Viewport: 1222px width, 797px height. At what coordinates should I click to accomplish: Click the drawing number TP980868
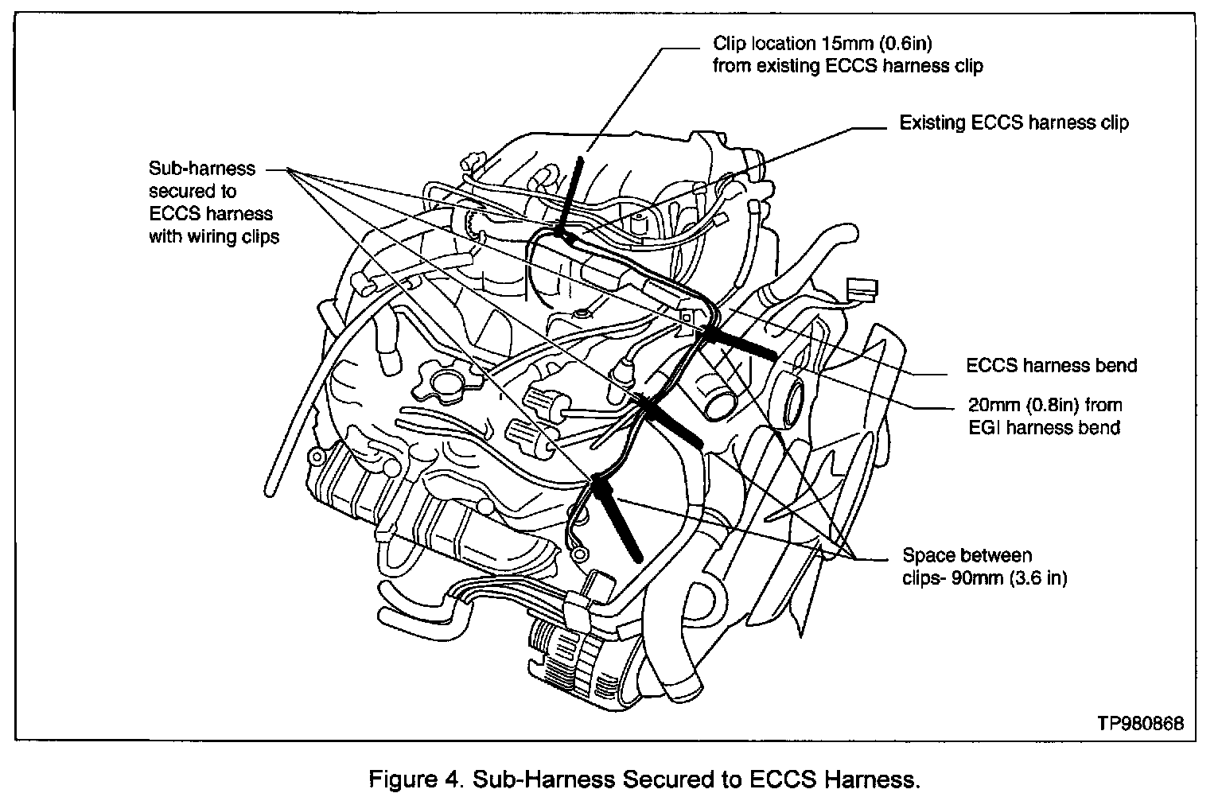(1140, 723)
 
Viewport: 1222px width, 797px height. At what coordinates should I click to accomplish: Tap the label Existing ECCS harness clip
(1014, 122)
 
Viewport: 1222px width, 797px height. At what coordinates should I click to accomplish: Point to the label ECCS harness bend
(1051, 365)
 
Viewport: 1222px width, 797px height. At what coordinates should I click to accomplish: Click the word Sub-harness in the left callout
(202, 169)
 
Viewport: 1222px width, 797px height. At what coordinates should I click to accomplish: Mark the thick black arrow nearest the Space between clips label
(616, 517)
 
